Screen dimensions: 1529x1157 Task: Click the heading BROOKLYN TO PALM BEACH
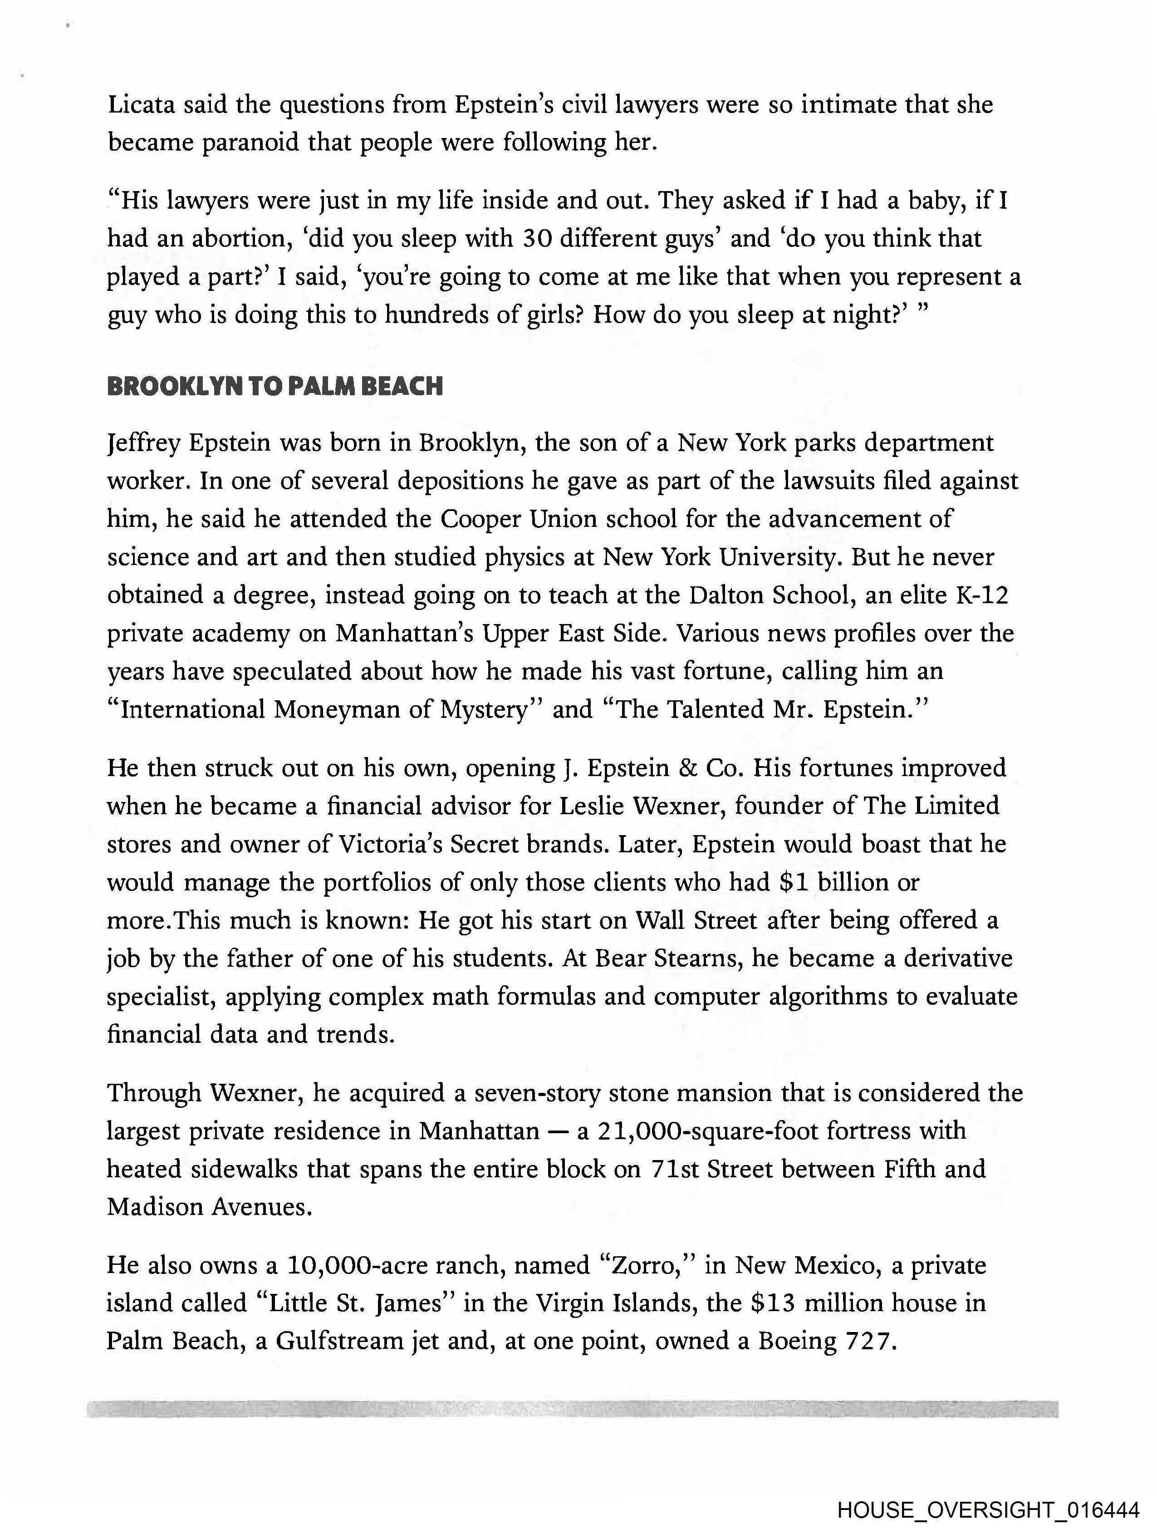coord(275,386)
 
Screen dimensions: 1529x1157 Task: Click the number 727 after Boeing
coord(869,1342)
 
